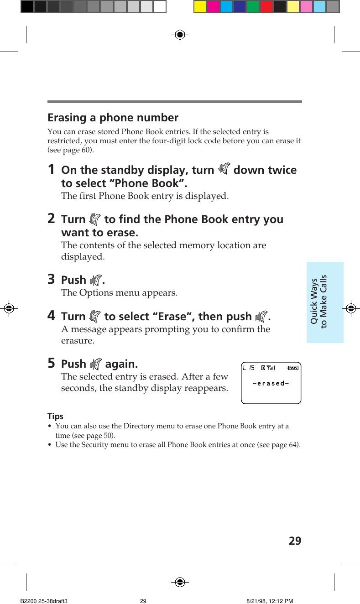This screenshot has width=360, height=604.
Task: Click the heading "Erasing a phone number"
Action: [x=113, y=118]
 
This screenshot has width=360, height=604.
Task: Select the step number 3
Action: [x=52, y=279]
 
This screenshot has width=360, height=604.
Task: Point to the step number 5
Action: [x=52, y=364]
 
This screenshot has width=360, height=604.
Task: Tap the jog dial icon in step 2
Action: [x=94, y=219]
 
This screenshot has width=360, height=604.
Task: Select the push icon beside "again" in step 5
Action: [x=95, y=364]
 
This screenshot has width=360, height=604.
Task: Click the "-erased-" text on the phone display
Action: [x=271, y=383]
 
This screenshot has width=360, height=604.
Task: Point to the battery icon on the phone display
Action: [x=293, y=368]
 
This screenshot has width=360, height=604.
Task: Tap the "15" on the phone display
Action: [x=251, y=368]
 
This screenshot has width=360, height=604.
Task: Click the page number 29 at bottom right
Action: [x=295, y=542]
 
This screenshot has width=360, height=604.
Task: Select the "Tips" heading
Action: [x=55, y=417]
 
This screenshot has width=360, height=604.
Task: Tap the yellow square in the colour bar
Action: [x=200, y=7]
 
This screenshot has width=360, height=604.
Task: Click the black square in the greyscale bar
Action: [x=27, y=7]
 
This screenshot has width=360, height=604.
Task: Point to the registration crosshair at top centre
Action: [x=180, y=35]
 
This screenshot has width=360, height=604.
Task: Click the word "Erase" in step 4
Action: [x=171, y=317]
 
